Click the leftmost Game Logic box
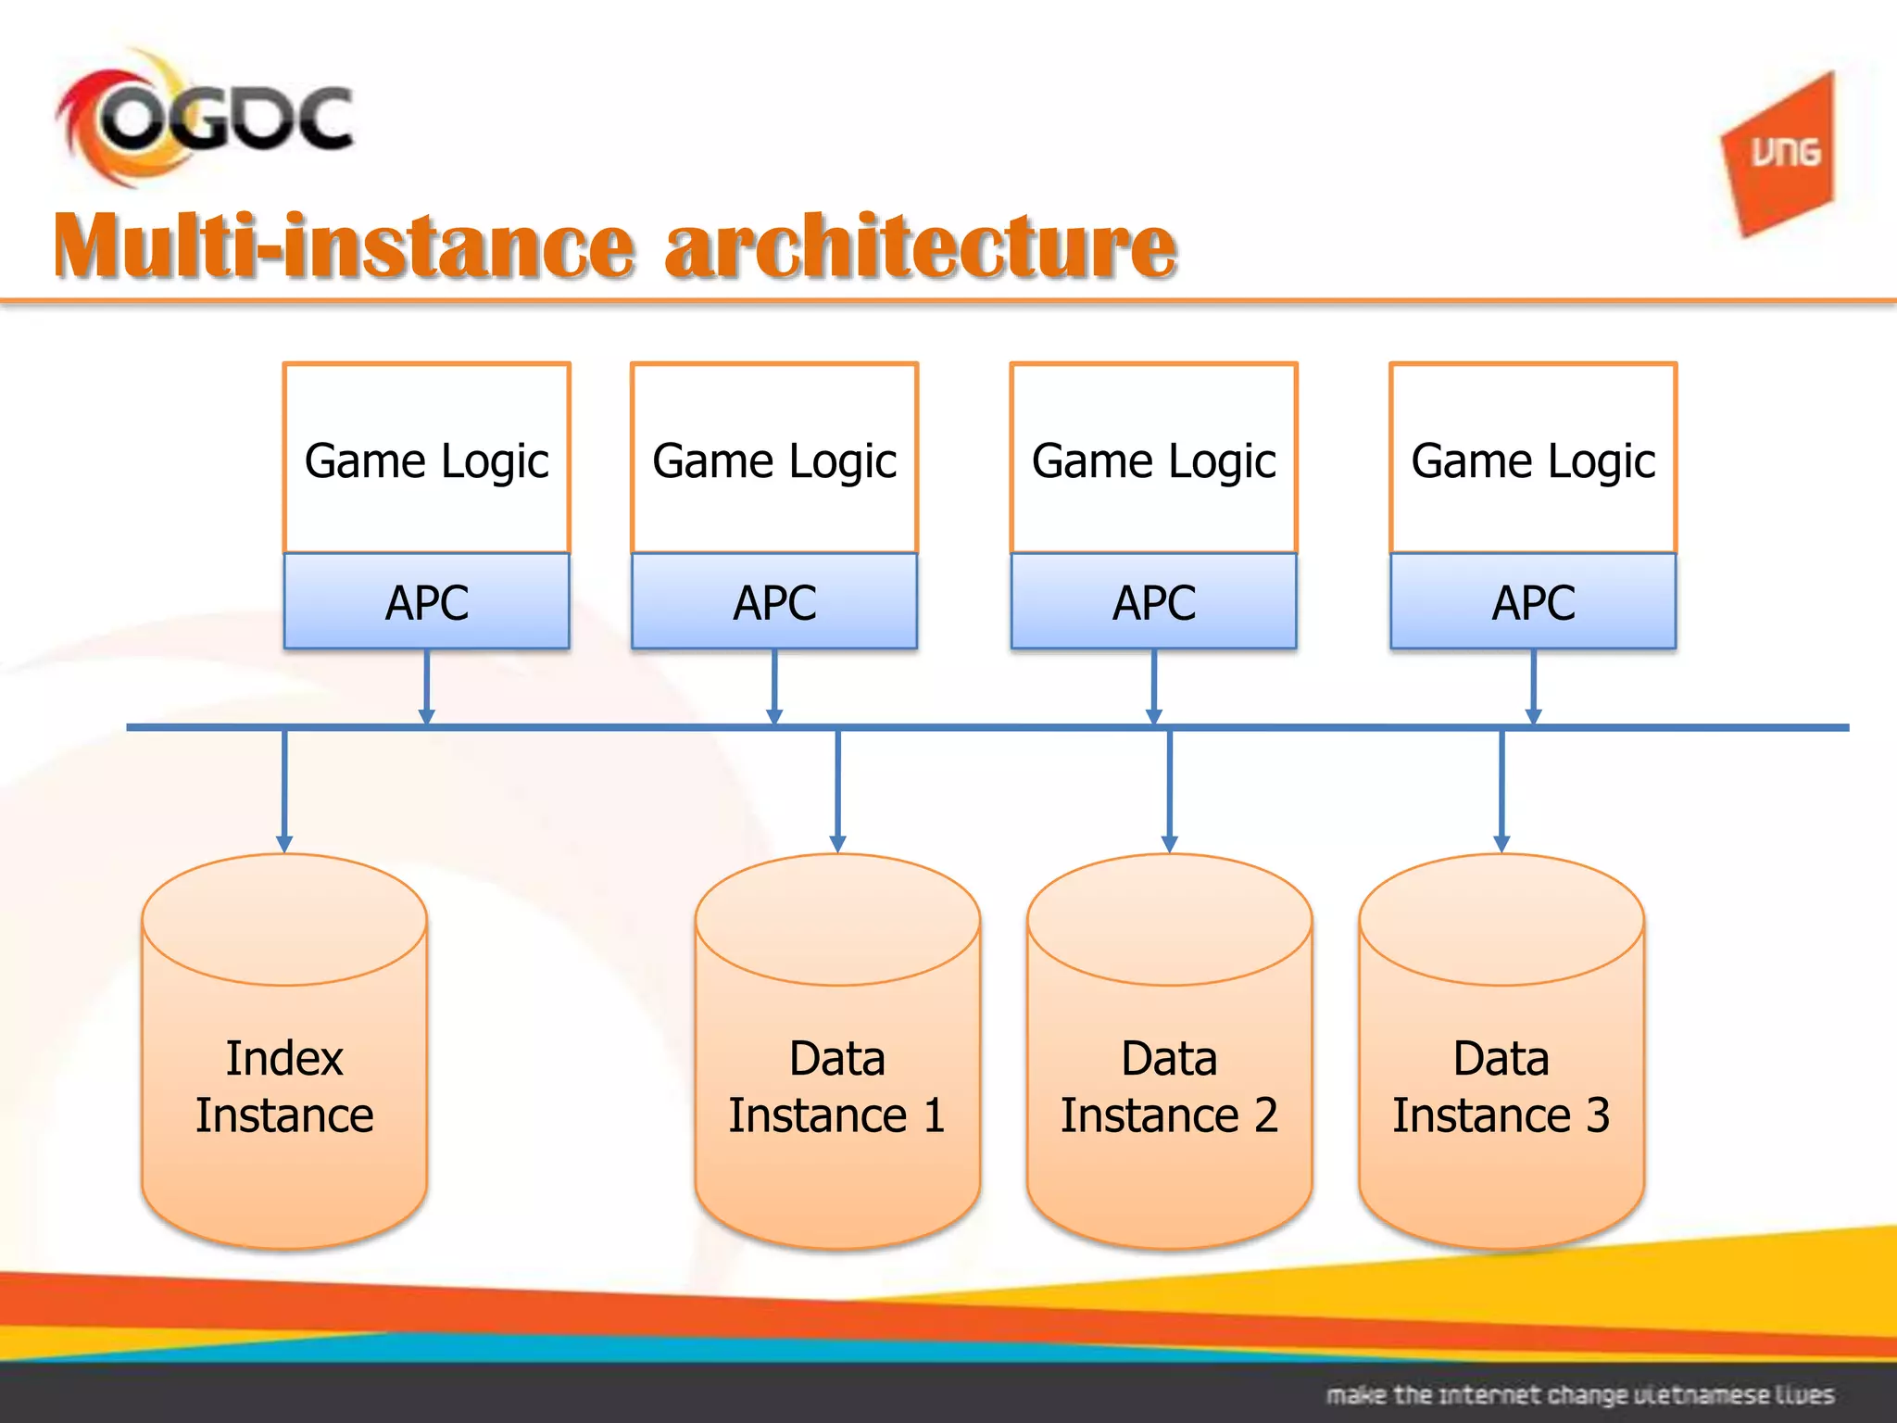coord(426,460)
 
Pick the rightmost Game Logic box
coord(1533,460)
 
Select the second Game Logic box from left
coord(774,460)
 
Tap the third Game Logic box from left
coord(1153,460)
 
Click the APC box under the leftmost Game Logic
coord(426,602)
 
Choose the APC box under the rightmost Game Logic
coord(1533,602)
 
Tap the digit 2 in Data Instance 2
coord(1265,1114)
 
